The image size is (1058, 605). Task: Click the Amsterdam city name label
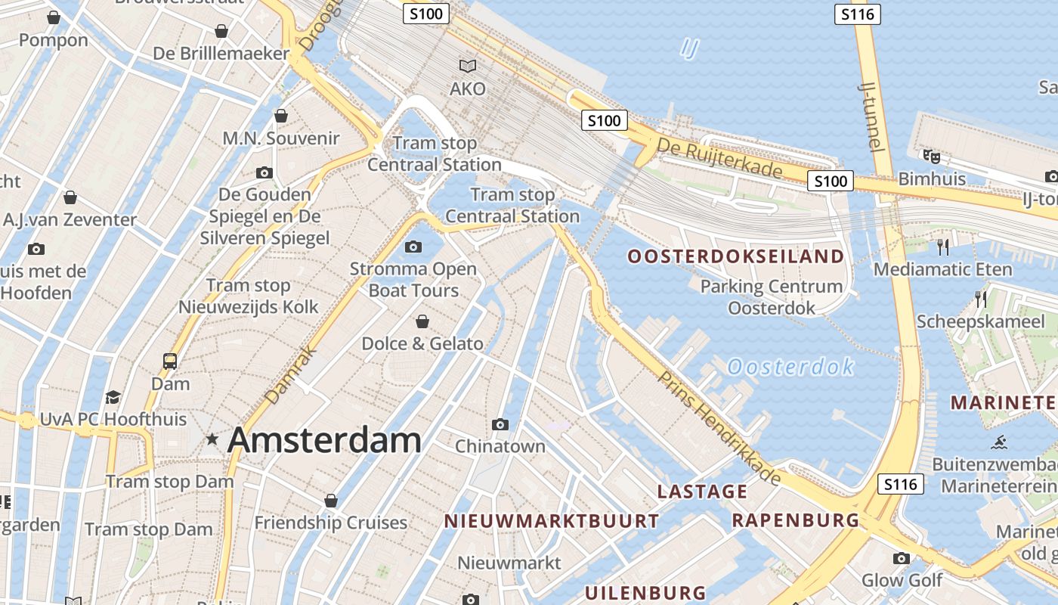coord(324,439)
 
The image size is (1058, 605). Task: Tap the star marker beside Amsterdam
coord(212,439)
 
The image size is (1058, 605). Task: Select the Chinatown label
coord(500,446)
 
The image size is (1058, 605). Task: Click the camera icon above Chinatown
coord(500,424)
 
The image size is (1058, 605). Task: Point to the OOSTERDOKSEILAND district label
coord(736,256)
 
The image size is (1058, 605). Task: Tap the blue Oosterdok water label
coord(790,368)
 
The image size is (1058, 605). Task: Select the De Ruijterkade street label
coord(719,157)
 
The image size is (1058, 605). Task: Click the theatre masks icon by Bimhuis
coord(931,157)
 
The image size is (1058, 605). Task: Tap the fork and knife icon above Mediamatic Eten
coord(942,247)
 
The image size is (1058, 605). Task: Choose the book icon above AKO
coord(468,67)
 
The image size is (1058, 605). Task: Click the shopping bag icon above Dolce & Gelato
coord(422,321)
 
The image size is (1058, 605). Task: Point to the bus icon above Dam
coord(170,361)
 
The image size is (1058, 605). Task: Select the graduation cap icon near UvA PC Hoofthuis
coord(113,397)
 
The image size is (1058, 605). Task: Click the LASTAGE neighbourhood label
coord(702,492)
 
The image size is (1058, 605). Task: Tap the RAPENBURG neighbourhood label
coord(795,520)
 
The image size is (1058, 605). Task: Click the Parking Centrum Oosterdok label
coord(771,297)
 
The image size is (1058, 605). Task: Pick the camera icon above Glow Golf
coord(901,559)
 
